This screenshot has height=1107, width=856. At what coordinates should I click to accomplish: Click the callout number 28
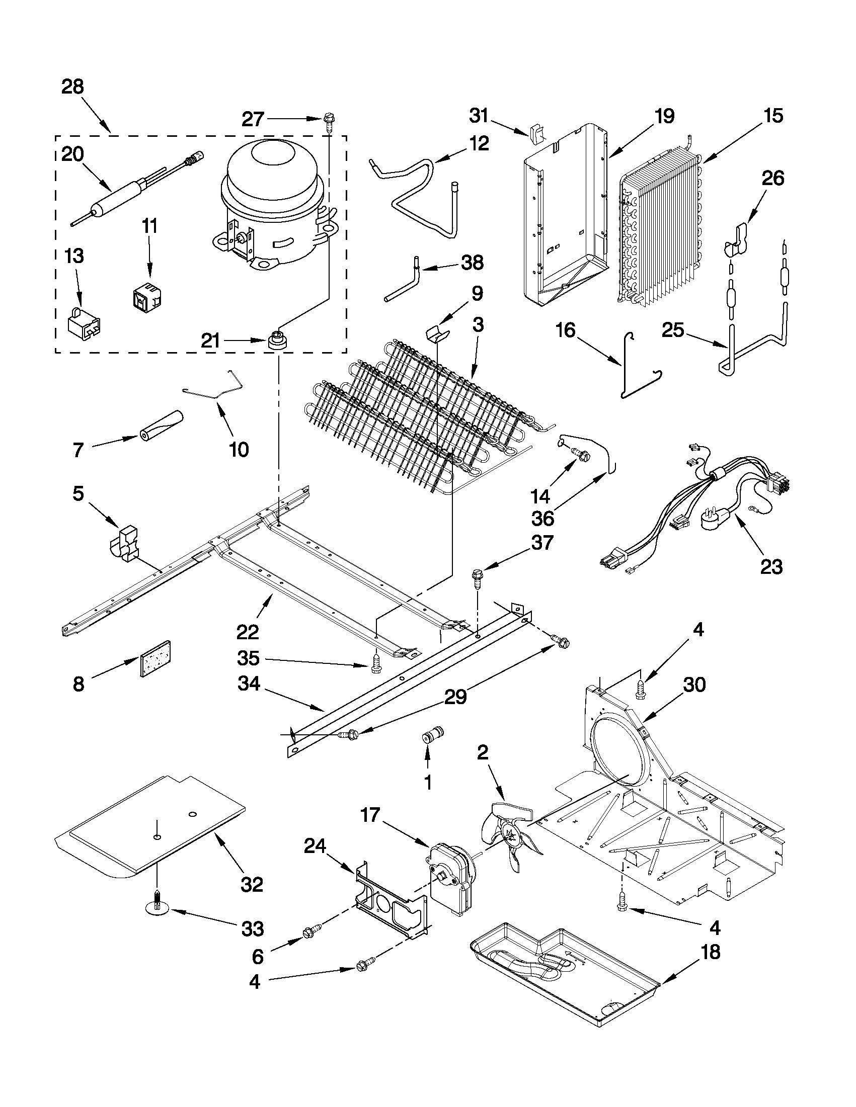click(72, 87)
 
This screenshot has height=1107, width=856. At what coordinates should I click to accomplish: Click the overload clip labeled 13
click(83, 323)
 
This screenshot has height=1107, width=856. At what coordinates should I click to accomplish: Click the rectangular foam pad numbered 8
click(154, 659)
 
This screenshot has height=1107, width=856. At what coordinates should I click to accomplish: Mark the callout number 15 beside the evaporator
click(773, 116)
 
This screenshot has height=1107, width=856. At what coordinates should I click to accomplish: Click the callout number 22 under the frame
click(247, 632)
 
